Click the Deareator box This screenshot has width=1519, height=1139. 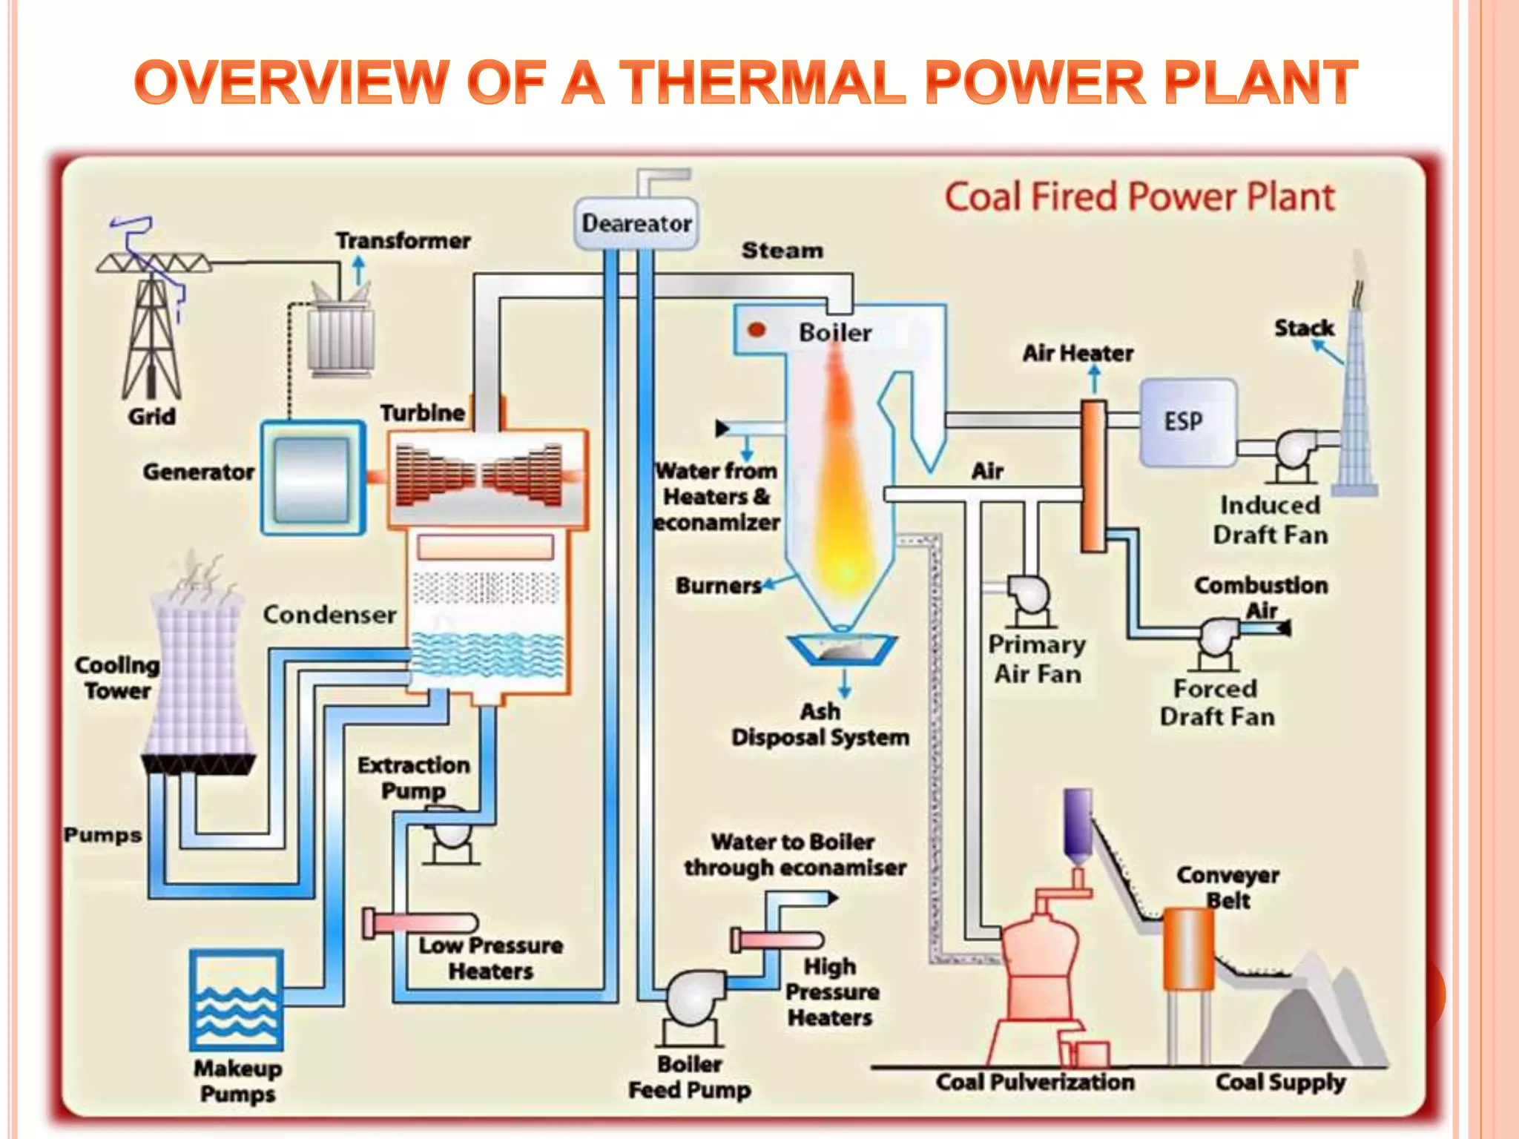point(636,223)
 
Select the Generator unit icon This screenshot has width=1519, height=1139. point(313,478)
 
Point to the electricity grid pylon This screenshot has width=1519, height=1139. point(152,326)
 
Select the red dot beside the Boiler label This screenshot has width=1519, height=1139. point(757,330)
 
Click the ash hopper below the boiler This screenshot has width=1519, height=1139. point(843,650)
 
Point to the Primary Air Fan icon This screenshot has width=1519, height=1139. point(1029,598)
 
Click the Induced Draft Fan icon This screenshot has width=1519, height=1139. point(1294,452)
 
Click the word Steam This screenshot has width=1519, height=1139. point(782,251)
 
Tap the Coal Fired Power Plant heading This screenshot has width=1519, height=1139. point(1139,197)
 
